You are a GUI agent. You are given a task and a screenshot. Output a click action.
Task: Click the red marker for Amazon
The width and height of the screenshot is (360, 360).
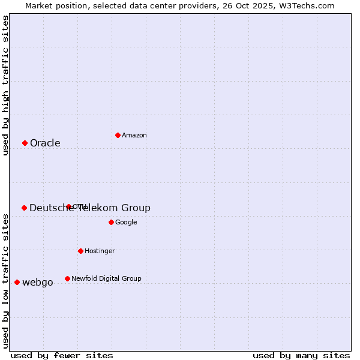pyautogui.click(x=118, y=135)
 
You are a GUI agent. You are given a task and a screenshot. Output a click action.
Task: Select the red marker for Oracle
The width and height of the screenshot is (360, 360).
pyautogui.click(x=25, y=143)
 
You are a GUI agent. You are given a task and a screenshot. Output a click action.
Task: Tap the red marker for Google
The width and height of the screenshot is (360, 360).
pyautogui.click(x=111, y=222)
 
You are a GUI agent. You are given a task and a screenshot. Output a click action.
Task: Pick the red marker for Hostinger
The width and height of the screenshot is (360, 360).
pyautogui.click(x=80, y=251)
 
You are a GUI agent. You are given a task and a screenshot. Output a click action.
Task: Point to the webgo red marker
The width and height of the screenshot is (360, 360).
pyautogui.click(x=17, y=282)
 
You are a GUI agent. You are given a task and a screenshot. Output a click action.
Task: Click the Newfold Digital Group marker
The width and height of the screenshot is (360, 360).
pyautogui.click(x=67, y=278)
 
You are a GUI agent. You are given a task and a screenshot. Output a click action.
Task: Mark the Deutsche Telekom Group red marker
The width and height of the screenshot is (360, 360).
pyautogui.click(x=24, y=208)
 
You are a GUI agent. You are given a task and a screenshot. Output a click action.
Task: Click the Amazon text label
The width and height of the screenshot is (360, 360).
pyautogui.click(x=134, y=136)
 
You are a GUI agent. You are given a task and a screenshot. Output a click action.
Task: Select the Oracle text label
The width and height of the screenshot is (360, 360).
pyautogui.click(x=45, y=143)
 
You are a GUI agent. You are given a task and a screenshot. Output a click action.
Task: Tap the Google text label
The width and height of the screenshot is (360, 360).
pyautogui.click(x=126, y=223)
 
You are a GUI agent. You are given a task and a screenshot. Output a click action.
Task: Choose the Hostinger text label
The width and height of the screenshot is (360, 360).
pyautogui.click(x=100, y=251)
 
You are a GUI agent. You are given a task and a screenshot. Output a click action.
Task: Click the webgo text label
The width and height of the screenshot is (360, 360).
pyautogui.click(x=38, y=283)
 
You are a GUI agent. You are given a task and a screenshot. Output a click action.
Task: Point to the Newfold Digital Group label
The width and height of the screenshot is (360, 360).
pyautogui.click(x=106, y=279)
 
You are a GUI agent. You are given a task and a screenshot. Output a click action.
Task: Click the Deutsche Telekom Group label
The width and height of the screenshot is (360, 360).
pyautogui.click(x=90, y=208)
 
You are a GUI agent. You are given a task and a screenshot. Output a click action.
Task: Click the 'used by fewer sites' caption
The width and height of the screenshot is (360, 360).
pyautogui.click(x=62, y=355)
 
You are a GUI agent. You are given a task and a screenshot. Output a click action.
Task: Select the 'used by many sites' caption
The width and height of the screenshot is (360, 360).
pyautogui.click(x=301, y=355)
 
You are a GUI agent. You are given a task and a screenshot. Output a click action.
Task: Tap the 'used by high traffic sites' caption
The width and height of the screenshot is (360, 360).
pyautogui.click(x=6, y=85)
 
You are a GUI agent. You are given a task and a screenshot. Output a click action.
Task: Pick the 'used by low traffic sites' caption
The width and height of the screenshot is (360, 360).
pyautogui.click(x=6, y=281)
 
